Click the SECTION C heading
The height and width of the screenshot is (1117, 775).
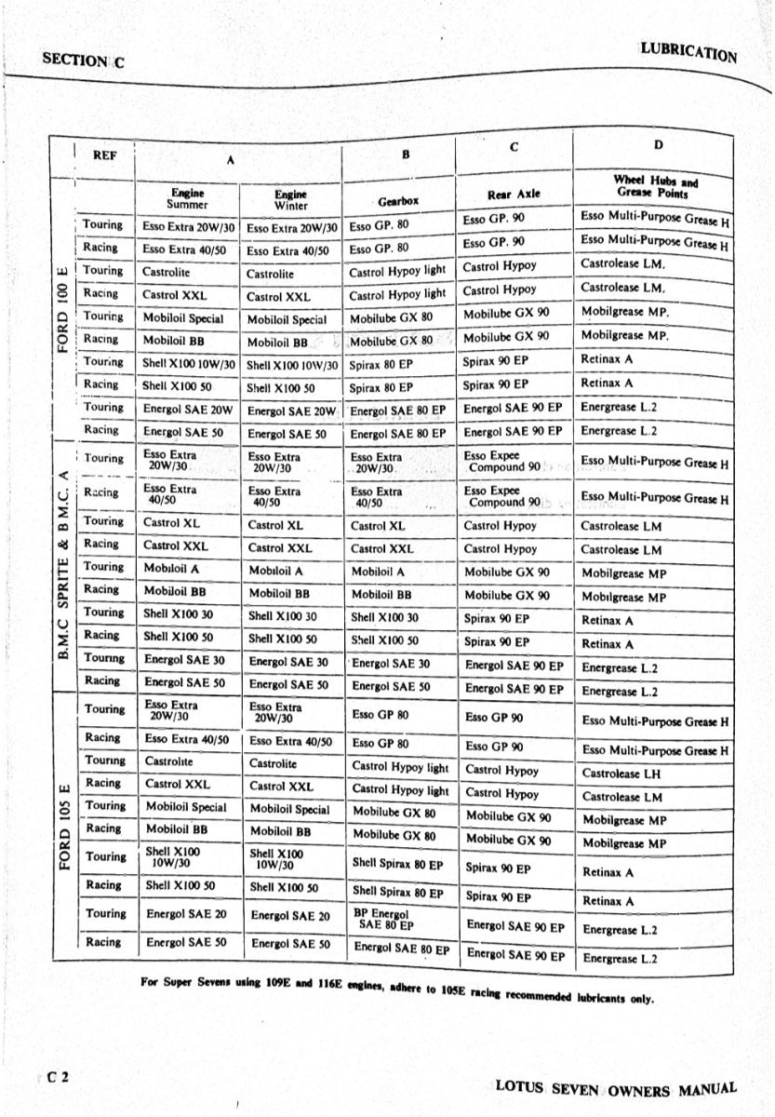coord(83,60)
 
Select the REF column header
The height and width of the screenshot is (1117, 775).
coord(105,156)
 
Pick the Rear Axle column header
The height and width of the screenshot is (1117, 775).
coord(514,195)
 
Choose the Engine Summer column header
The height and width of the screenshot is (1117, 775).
coord(187,198)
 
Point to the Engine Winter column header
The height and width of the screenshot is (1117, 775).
coord(291,199)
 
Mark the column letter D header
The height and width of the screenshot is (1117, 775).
coord(658,144)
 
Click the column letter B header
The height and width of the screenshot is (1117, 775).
coord(405,155)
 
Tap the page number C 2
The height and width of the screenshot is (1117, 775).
coord(60,1077)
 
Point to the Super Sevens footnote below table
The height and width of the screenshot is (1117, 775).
coord(398,992)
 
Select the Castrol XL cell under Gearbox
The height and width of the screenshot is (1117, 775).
coord(378,526)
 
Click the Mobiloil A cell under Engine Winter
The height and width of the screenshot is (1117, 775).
coord(276,571)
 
